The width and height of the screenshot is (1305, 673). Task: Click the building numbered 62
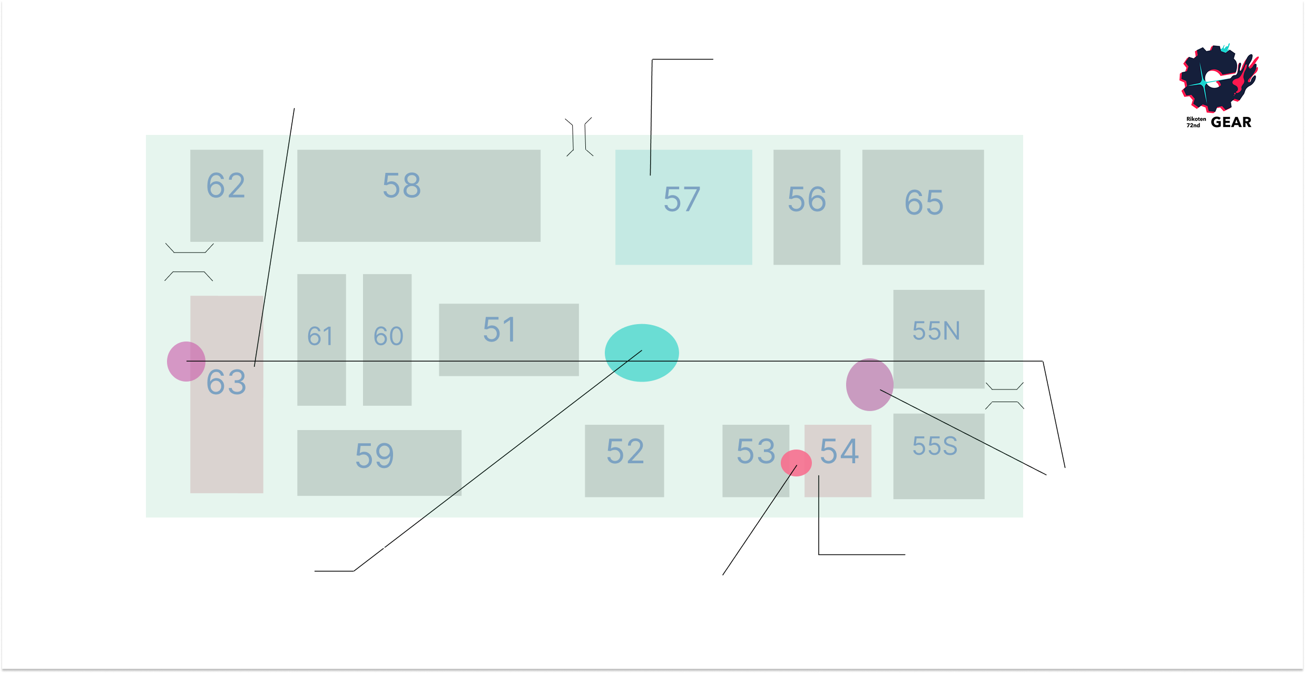[x=227, y=195]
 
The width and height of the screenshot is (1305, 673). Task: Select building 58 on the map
[x=418, y=195]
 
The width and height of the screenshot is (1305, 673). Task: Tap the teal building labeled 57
[x=683, y=207]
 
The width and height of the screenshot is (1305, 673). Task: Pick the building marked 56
[x=807, y=207]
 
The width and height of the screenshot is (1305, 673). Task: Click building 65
[x=923, y=207]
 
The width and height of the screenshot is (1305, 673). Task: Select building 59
[x=379, y=462]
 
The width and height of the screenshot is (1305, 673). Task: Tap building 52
[x=624, y=460]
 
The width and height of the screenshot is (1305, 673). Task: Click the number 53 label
[x=755, y=451]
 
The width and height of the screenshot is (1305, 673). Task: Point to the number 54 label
[x=839, y=451]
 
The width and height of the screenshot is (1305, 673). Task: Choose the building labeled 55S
[x=938, y=456]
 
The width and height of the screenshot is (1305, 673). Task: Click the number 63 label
[x=226, y=382]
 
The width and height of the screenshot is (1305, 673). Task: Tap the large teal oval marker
[x=642, y=353]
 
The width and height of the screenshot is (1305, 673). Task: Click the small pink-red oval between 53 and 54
[x=796, y=463]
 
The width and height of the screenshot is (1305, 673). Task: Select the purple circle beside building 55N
[x=869, y=385]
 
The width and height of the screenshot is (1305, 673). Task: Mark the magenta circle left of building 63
[x=186, y=361]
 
